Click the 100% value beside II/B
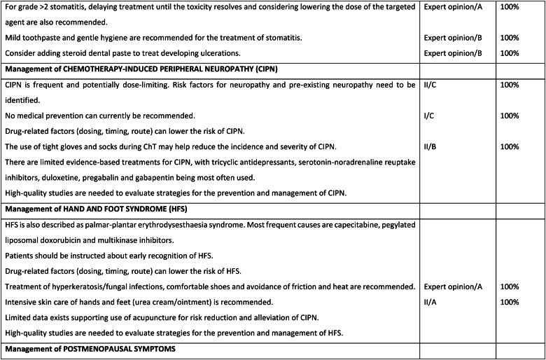click(510, 146)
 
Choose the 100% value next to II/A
click(510, 302)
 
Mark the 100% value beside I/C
click(510, 116)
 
